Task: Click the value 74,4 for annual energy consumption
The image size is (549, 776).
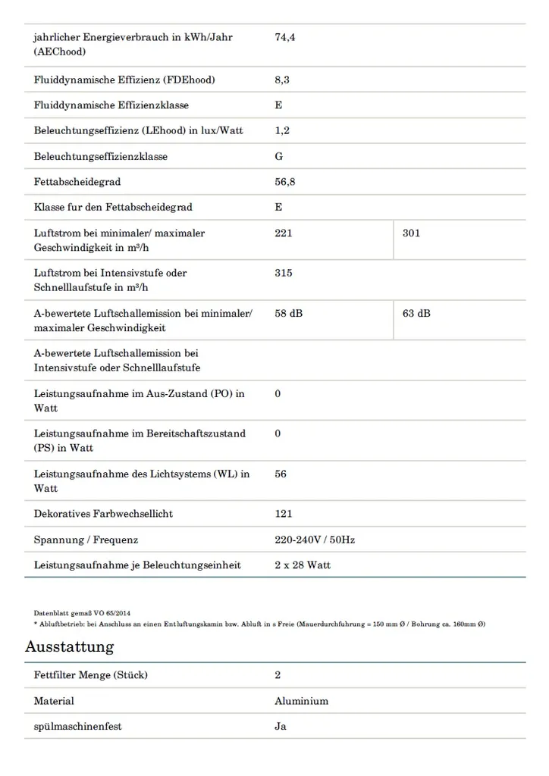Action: [x=284, y=38]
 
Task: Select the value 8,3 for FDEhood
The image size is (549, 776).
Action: [x=281, y=80]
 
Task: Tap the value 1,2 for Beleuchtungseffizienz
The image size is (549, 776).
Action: [x=281, y=130]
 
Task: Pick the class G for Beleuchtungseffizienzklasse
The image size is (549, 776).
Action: [x=278, y=156]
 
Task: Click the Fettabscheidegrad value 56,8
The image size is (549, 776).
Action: [x=284, y=182]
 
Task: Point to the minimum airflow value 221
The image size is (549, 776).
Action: [x=283, y=233]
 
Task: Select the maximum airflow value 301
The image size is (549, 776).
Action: [x=411, y=233]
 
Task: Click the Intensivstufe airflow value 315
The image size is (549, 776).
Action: [x=283, y=273]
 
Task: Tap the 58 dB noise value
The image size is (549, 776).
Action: [x=288, y=313]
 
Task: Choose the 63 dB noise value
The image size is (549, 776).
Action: [x=416, y=313]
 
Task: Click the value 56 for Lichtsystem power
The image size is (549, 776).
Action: [x=281, y=474]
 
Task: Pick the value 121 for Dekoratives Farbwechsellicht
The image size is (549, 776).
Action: [x=283, y=514]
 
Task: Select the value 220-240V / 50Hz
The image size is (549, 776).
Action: [x=314, y=540]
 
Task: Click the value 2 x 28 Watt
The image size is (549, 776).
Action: [x=302, y=565]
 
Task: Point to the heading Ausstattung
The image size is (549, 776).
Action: [x=69, y=646]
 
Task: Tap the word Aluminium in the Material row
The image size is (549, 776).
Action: [x=301, y=701]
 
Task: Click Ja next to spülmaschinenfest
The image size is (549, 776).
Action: [x=280, y=727]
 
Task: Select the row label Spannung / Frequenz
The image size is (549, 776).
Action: [x=86, y=540]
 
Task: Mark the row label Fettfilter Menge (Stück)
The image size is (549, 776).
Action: [x=90, y=675]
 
